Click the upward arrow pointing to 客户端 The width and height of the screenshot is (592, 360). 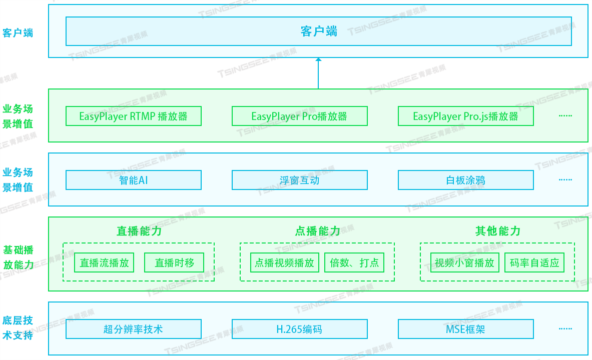point(318,73)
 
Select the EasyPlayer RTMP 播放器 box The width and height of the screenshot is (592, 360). point(133,116)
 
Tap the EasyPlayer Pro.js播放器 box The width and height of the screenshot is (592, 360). point(465,116)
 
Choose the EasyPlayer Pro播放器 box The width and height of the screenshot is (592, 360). point(299,116)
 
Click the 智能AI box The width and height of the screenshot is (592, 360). point(133,180)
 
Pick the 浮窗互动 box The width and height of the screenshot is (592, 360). point(299,180)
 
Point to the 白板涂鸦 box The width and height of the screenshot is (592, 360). point(465,180)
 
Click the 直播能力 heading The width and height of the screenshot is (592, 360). point(139,231)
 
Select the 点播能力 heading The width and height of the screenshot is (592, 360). point(317,231)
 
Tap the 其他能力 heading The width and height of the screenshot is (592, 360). point(497,231)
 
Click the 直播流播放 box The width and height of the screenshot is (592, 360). point(104,262)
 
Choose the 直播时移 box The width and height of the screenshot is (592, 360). point(174,262)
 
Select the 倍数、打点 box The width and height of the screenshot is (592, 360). point(354,262)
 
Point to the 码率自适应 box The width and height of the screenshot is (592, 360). point(534,262)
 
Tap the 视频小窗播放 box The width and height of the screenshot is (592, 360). point(464,262)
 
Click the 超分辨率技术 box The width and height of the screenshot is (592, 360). point(133,329)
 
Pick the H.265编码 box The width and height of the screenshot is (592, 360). point(299,329)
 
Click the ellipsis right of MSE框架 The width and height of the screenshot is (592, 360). point(565,329)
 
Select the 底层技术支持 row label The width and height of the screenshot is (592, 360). point(18,328)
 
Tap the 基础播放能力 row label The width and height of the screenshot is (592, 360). point(18,257)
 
